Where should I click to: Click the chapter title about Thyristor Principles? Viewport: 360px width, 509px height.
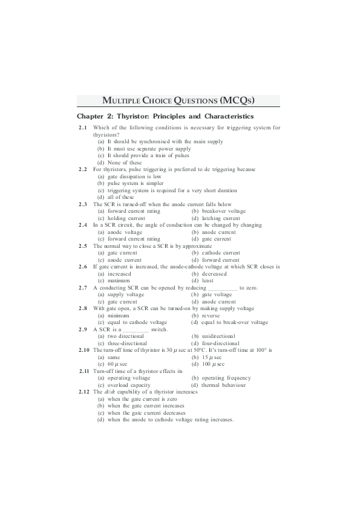tap(165, 116)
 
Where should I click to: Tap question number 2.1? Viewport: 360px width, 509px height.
tap(83, 128)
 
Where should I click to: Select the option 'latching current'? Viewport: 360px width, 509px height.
tap(215, 218)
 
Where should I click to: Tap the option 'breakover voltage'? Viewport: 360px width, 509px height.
tap(218, 211)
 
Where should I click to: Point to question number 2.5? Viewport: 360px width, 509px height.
tap(83, 246)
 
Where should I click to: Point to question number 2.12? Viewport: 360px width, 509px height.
tap(84, 392)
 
